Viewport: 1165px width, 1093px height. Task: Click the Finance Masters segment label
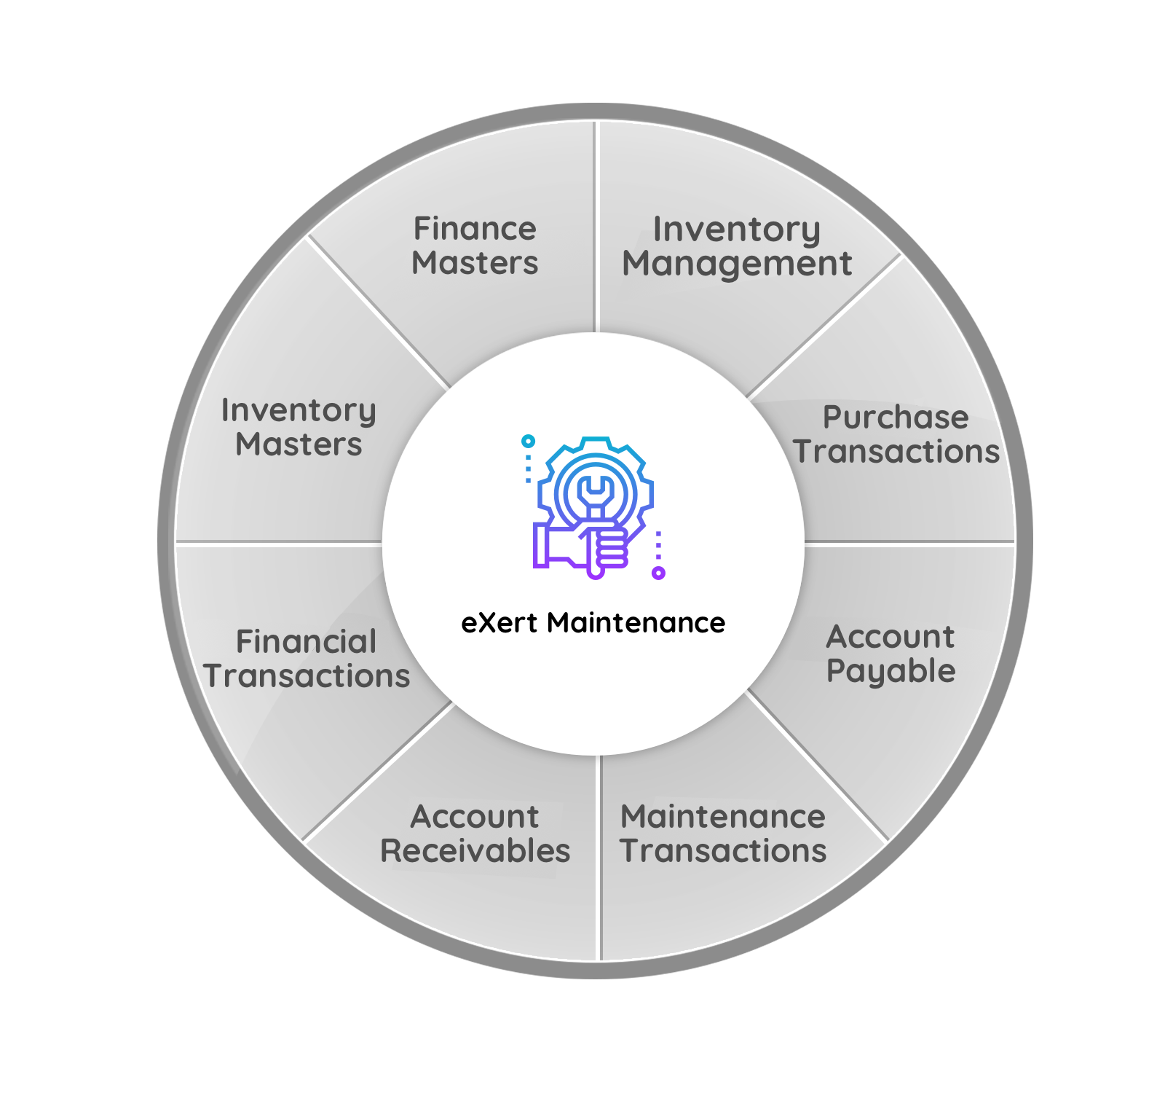pyautogui.click(x=475, y=246)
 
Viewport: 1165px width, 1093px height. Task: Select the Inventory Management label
pyautogui.click(x=737, y=247)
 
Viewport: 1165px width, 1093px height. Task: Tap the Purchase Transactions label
pyautogui.click(x=896, y=435)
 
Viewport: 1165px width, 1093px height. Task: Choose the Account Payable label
pyautogui.click(x=890, y=654)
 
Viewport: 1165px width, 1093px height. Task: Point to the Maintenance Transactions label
pyautogui.click(x=723, y=834)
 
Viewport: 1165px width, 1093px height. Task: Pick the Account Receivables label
pyautogui.click(x=475, y=834)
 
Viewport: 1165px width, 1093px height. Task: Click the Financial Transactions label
pyautogui.click(x=307, y=659)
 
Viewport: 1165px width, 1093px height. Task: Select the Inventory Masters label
pyautogui.click(x=299, y=428)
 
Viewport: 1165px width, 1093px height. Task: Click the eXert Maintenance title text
pyautogui.click(x=593, y=623)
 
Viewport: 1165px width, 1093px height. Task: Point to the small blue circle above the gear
pyautogui.click(x=529, y=441)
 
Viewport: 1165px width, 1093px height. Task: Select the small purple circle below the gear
pyautogui.click(x=658, y=573)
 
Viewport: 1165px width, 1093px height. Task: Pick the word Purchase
pyautogui.click(x=896, y=418)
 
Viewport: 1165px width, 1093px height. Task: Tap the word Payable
pyautogui.click(x=890, y=671)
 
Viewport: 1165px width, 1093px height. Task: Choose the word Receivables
pyautogui.click(x=475, y=851)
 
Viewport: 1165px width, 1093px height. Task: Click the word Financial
pyautogui.click(x=307, y=642)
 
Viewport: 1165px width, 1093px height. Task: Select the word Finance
pyautogui.click(x=475, y=229)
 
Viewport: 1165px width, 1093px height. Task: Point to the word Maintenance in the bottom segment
pyautogui.click(x=723, y=817)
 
